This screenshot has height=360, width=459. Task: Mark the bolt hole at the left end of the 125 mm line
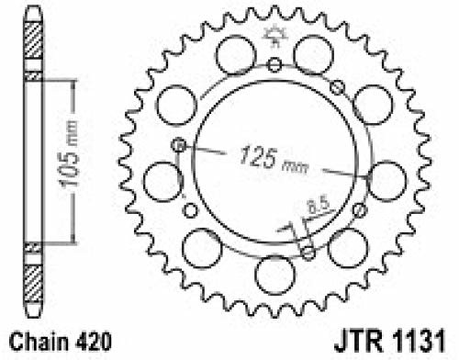180,144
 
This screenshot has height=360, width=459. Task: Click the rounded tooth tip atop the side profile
32,10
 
